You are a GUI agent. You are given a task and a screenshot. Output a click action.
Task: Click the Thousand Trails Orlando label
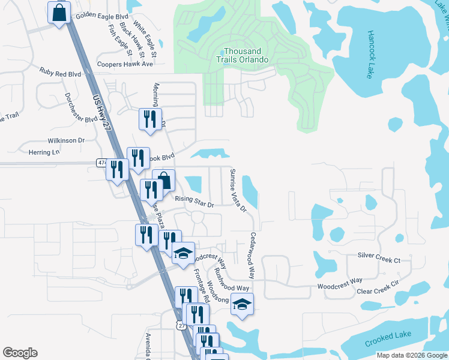tap(243, 55)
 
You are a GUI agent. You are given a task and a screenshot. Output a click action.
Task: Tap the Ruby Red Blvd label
tap(60, 73)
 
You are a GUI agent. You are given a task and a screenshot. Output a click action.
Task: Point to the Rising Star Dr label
tap(194, 201)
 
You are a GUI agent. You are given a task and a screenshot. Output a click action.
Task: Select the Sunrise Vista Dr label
tap(238, 190)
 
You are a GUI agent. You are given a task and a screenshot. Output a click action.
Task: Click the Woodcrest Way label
tap(340, 280)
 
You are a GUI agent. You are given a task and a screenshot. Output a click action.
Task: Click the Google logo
tap(20, 353)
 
